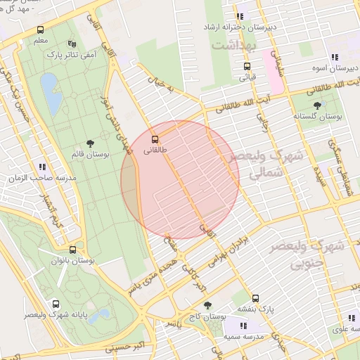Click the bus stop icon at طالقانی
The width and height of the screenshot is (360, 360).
coord(155,139)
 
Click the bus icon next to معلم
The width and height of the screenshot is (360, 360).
coord(40,30)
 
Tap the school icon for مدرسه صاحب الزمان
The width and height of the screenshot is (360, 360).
coord(43,167)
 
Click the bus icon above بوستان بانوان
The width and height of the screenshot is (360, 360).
coord(72,250)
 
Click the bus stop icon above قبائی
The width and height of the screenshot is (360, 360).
coord(247,66)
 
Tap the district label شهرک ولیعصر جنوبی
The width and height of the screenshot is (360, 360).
coord(316,256)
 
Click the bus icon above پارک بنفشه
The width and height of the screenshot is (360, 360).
coord(255,298)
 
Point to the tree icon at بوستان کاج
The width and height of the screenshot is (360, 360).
coord(207,305)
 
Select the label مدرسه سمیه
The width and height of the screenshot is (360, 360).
coord(243,337)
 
